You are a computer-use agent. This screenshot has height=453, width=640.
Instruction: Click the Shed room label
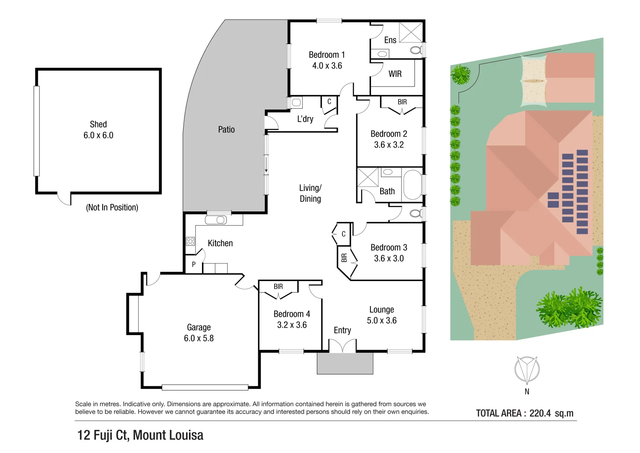tap(98, 130)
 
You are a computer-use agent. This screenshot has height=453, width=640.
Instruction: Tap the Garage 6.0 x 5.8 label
tap(199, 333)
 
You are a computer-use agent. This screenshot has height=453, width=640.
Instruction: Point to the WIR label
tap(395, 74)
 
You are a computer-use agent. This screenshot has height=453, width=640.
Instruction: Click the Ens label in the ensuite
tap(390, 40)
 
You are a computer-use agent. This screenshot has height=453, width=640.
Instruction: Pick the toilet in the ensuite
tap(416, 50)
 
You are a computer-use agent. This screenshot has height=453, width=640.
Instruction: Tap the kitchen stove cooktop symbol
tap(190, 241)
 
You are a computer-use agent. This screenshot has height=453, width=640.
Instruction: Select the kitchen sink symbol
tap(216, 220)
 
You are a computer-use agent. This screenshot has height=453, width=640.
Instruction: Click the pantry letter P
tap(194, 265)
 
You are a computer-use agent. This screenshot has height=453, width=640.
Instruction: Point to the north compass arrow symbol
tap(527, 370)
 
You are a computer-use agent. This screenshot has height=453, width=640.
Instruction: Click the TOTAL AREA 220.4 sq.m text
tap(524, 413)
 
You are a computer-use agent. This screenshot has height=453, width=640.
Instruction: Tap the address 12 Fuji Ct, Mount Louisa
tap(140, 435)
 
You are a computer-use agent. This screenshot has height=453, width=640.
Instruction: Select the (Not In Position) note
tap(112, 207)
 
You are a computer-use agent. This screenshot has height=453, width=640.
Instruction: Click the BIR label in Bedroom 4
tap(278, 286)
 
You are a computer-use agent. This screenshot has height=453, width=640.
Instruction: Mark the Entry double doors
tap(342, 346)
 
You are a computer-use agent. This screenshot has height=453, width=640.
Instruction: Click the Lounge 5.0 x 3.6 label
tap(381, 315)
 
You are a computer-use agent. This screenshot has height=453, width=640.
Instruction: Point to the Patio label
tap(226, 130)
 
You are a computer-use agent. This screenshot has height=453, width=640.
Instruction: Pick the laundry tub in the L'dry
tap(296, 102)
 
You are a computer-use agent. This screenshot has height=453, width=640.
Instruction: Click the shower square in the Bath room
tap(368, 177)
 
